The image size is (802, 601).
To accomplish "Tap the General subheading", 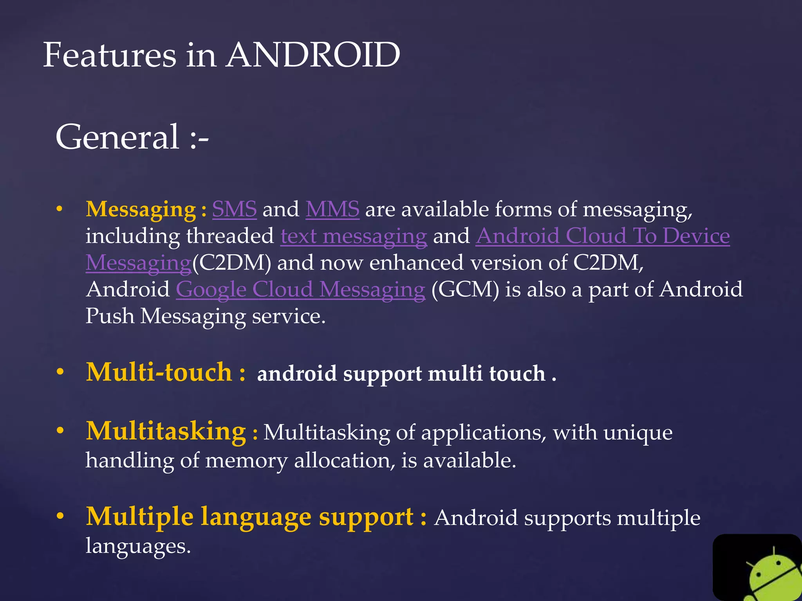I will tap(117, 137).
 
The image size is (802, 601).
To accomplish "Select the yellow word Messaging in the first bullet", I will tap(141, 210).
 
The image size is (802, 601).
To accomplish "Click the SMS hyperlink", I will tap(234, 209).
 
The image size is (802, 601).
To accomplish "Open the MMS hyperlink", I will tap(332, 209).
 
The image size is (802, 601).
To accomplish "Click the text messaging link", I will tap(353, 236).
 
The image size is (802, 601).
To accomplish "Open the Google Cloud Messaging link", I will tap(300, 290).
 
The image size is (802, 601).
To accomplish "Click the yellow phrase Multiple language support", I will tap(249, 516).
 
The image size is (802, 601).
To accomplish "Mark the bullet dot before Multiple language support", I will tap(60, 516).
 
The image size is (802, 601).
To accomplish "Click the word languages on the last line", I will tap(138, 546).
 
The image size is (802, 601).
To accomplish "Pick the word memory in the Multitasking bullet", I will tap(246, 461).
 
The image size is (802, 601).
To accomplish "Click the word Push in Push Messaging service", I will tap(110, 316).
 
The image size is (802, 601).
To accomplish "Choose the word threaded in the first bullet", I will tap(230, 236).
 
